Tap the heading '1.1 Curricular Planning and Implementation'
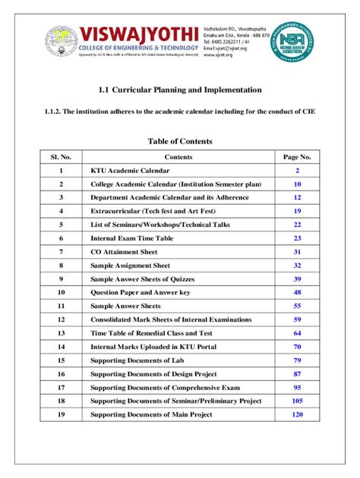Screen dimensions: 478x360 [180, 90]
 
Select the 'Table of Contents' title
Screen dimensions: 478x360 [180, 141]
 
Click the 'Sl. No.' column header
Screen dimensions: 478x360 [61, 157]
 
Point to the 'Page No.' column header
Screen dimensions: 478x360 [298, 157]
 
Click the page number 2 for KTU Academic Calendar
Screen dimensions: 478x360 [298, 171]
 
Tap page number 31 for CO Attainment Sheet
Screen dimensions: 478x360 [298, 252]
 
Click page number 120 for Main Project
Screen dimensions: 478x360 [298, 414]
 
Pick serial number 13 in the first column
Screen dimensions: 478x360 [61, 333]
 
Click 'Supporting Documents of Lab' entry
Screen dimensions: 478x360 [139, 360]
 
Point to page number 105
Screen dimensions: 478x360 [298, 401]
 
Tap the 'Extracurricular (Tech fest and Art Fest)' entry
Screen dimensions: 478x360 [155, 211]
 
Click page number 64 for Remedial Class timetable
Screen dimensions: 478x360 [298, 333]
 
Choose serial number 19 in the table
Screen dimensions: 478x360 [61, 414]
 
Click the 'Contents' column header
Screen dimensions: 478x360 [178, 157]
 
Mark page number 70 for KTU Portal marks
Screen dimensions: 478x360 [298, 347]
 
